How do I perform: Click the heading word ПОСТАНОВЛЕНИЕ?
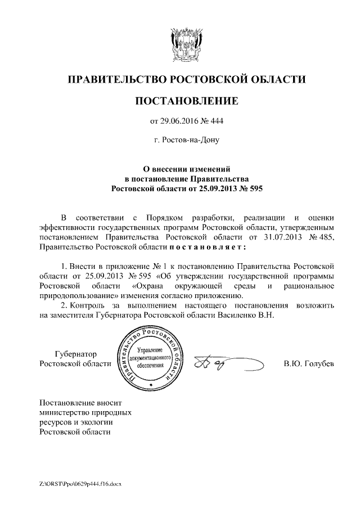click(x=186, y=101)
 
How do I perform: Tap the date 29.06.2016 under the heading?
click(x=181, y=120)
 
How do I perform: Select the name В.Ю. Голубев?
click(x=309, y=364)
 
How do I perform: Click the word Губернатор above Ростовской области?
click(x=75, y=354)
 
